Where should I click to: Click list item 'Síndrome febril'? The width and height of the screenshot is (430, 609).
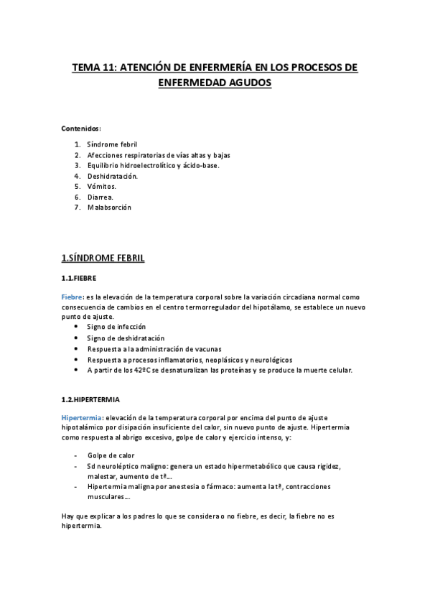pyautogui.click(x=111, y=144)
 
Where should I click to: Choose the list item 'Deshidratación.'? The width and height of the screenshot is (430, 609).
pyautogui.click(x=112, y=176)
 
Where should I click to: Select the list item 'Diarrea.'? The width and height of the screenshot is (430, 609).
pyautogui.click(x=101, y=197)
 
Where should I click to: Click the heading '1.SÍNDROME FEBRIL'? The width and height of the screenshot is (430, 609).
pyautogui.click(x=103, y=257)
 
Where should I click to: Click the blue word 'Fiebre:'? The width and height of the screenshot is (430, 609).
pyautogui.click(x=73, y=296)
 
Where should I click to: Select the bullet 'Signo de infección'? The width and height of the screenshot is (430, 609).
pyautogui.click(x=116, y=327)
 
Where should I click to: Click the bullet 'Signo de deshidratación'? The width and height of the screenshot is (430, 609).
pyautogui.click(x=126, y=338)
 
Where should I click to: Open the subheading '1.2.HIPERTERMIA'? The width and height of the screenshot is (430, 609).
pyautogui.click(x=90, y=399)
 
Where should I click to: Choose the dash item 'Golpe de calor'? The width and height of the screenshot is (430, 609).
pyautogui.click(x=111, y=456)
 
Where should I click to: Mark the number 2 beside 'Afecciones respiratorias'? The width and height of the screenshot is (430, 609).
pyautogui.click(x=77, y=155)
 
